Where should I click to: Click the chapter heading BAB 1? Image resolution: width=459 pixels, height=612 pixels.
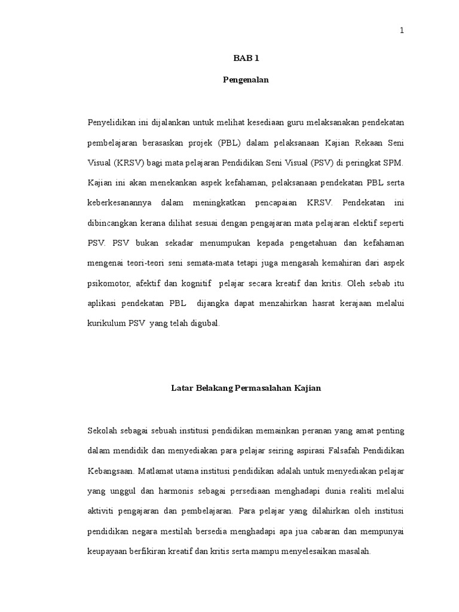(246, 59)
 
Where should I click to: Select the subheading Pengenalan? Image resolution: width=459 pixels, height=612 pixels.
(246, 80)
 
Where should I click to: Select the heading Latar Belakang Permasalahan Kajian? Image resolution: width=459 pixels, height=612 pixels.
(246, 388)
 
